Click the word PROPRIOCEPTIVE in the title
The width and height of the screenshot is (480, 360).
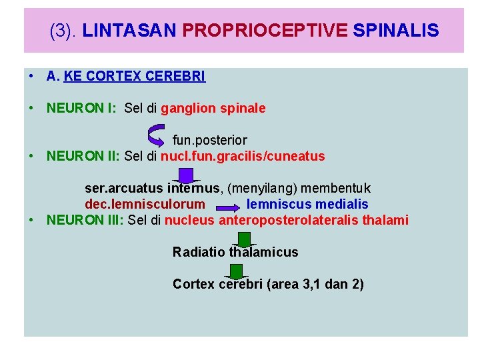pyautogui.click(x=264, y=31)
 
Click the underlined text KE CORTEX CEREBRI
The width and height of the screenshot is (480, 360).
pyautogui.click(x=135, y=77)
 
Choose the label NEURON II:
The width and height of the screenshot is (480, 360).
pyautogui.click(x=83, y=157)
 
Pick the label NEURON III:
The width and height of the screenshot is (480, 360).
pyautogui.click(x=85, y=221)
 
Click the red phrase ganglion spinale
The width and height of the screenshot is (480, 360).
pyautogui.click(x=213, y=108)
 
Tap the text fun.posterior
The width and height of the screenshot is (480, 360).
pyautogui.click(x=209, y=141)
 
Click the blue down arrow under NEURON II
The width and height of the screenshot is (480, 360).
pyautogui.click(x=186, y=175)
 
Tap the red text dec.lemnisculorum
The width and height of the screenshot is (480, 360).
pyautogui.click(x=145, y=205)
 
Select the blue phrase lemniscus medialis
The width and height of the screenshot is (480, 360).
pyautogui.click(x=307, y=205)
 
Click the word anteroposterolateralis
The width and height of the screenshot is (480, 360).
pyautogui.click(x=293, y=221)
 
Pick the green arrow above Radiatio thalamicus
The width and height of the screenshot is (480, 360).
pyautogui.click(x=245, y=239)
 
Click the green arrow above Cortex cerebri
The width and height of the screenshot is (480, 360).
pyautogui.click(x=235, y=271)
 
